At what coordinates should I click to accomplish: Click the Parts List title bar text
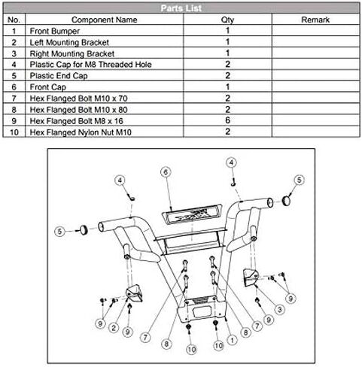coord(181,8)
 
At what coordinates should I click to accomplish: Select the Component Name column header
coord(105,20)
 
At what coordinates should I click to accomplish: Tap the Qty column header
coord(227,20)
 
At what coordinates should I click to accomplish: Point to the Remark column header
coord(315,20)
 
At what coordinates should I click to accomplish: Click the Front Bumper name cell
coord(55,31)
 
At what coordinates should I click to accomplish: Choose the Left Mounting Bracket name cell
coord(69,42)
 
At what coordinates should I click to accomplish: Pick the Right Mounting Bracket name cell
coord(72,53)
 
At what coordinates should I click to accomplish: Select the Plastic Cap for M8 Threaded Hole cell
coord(90,65)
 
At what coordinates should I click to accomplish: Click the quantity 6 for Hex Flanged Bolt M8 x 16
coord(227,120)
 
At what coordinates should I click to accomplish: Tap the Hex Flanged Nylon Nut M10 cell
coord(81,132)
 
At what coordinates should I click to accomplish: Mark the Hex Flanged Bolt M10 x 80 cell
coord(78,110)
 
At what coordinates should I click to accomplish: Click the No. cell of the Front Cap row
coord(14,87)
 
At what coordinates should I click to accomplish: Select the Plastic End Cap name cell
coord(59,76)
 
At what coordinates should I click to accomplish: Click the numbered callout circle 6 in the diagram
coord(166,172)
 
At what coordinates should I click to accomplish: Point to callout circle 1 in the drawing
coord(232,340)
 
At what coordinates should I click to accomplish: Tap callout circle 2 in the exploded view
coord(114,328)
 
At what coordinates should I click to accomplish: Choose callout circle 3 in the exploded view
coord(280,309)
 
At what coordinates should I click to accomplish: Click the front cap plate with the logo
coord(191,214)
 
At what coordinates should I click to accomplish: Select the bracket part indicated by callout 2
coord(135,293)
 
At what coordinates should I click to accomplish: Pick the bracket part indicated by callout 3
coord(251,278)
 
